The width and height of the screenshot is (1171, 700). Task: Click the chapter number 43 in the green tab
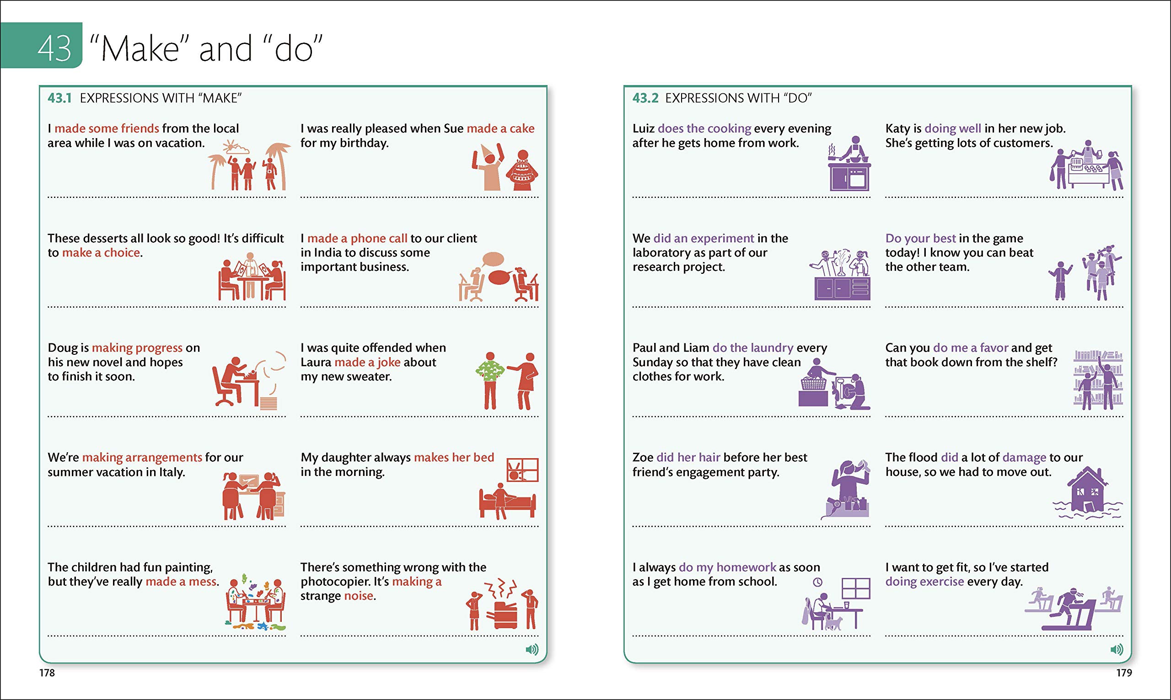[54, 48]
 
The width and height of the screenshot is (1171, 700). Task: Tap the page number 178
[47, 673]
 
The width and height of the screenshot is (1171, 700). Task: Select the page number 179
[1124, 673]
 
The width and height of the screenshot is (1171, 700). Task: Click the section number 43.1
[59, 98]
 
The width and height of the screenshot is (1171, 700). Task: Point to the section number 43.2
[645, 98]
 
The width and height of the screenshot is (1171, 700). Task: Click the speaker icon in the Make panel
[532, 650]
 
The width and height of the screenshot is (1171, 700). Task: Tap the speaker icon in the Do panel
[1117, 650]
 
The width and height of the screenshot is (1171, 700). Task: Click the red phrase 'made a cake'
[500, 128]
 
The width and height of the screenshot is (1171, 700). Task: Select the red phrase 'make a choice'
[101, 253]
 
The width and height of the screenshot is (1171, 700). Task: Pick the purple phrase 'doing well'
[952, 128]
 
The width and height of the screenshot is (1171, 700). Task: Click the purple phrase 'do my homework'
[727, 567]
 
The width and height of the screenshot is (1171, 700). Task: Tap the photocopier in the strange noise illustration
[505, 615]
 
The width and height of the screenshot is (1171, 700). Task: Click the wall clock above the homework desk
[817, 582]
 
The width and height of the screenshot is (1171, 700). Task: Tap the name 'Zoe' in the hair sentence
[643, 458]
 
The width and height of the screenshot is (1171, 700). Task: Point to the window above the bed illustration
[522, 470]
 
